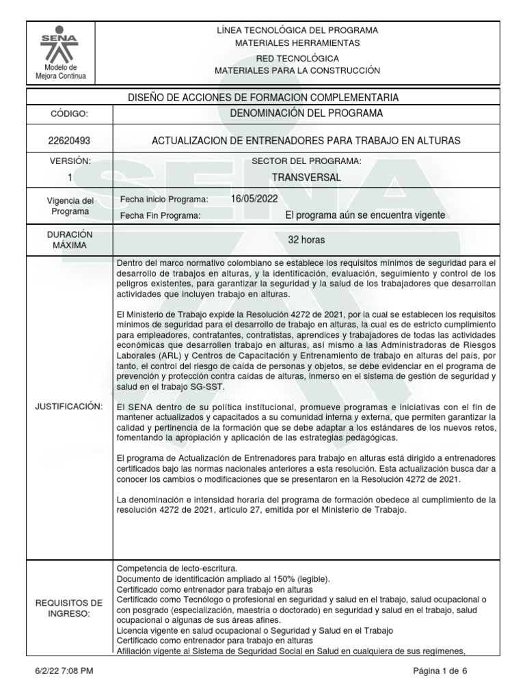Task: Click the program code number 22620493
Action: [61, 141]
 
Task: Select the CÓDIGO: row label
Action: [61, 113]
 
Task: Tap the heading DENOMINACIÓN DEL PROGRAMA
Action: [306, 113]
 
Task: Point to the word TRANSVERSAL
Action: [306, 177]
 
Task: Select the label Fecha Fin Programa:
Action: [160, 215]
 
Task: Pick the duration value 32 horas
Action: [306, 241]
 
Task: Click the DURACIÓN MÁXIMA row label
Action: [61, 239]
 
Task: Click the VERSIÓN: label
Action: [61, 161]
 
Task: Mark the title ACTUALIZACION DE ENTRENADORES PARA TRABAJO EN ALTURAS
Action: [306, 141]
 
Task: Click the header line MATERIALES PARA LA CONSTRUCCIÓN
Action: [297, 70]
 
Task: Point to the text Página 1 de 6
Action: [440, 671]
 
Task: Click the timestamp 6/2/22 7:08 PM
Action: [63, 671]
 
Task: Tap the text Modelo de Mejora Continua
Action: [61, 72]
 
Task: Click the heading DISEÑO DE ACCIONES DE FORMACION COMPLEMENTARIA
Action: [263, 97]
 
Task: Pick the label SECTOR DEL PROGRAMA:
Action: [306, 161]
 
